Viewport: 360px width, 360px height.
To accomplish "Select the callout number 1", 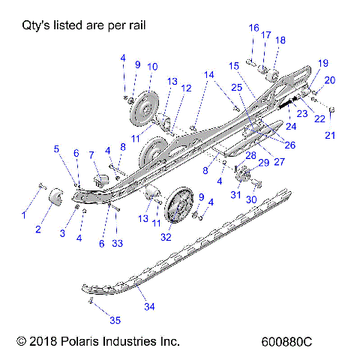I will (x=22, y=214).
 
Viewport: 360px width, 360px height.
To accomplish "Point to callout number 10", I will (x=151, y=67).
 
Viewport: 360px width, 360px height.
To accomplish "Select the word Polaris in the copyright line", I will (x=83, y=341).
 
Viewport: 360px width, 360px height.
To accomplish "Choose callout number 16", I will (x=253, y=28).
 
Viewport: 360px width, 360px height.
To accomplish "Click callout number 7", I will (x=92, y=155).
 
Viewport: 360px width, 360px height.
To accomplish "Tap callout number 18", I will (x=280, y=40).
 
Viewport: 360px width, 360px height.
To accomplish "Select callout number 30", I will (x=252, y=199).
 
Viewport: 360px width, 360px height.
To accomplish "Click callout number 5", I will (x=56, y=148).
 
